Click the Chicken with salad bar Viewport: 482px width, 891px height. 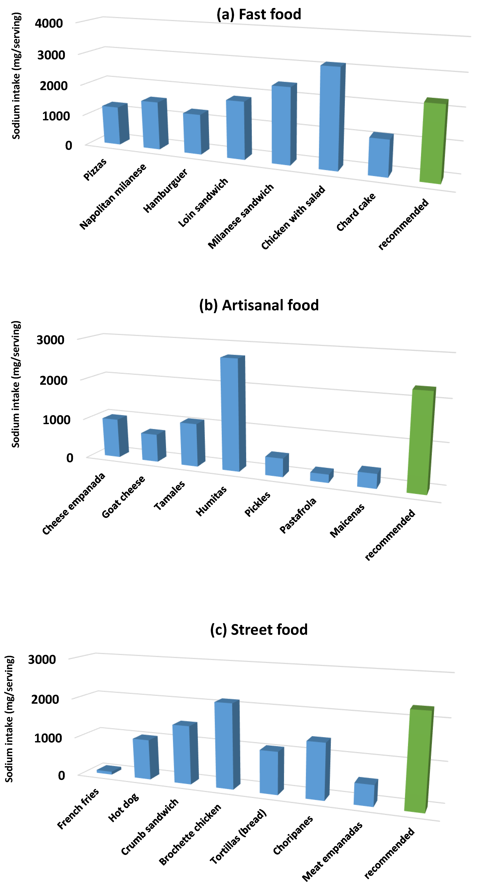point(330,118)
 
